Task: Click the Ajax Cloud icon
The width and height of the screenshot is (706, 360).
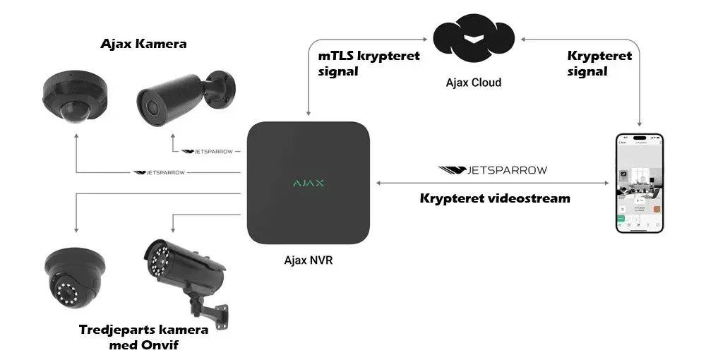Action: tap(473, 43)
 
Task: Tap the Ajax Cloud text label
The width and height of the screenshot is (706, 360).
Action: tap(473, 83)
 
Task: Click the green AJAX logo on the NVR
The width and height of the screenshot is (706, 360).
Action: tap(309, 183)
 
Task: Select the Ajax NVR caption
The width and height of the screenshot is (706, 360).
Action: tap(309, 260)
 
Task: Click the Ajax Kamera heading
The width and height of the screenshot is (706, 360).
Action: tap(143, 44)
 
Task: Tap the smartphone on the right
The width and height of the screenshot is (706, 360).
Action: tap(640, 184)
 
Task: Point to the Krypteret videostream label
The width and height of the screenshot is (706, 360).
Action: tap(495, 198)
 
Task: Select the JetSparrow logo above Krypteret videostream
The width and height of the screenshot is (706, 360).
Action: tap(492, 170)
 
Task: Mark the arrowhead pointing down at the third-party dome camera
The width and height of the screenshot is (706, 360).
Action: tap(74, 231)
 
